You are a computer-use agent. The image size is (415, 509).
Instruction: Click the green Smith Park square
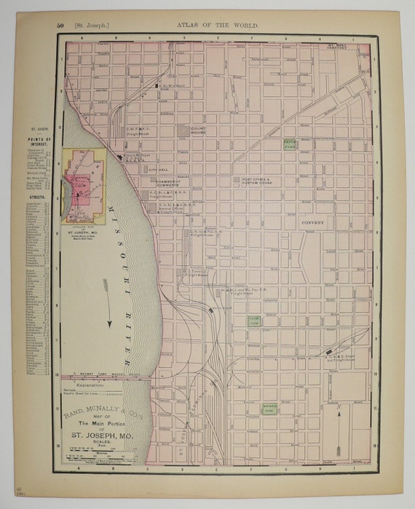[290, 144]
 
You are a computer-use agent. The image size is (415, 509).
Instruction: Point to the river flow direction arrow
[107, 300]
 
